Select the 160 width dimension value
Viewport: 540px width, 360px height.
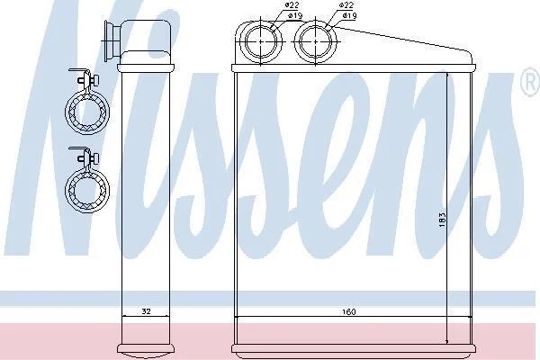tap(349, 312)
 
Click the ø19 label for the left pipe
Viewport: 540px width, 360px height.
tap(268, 15)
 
